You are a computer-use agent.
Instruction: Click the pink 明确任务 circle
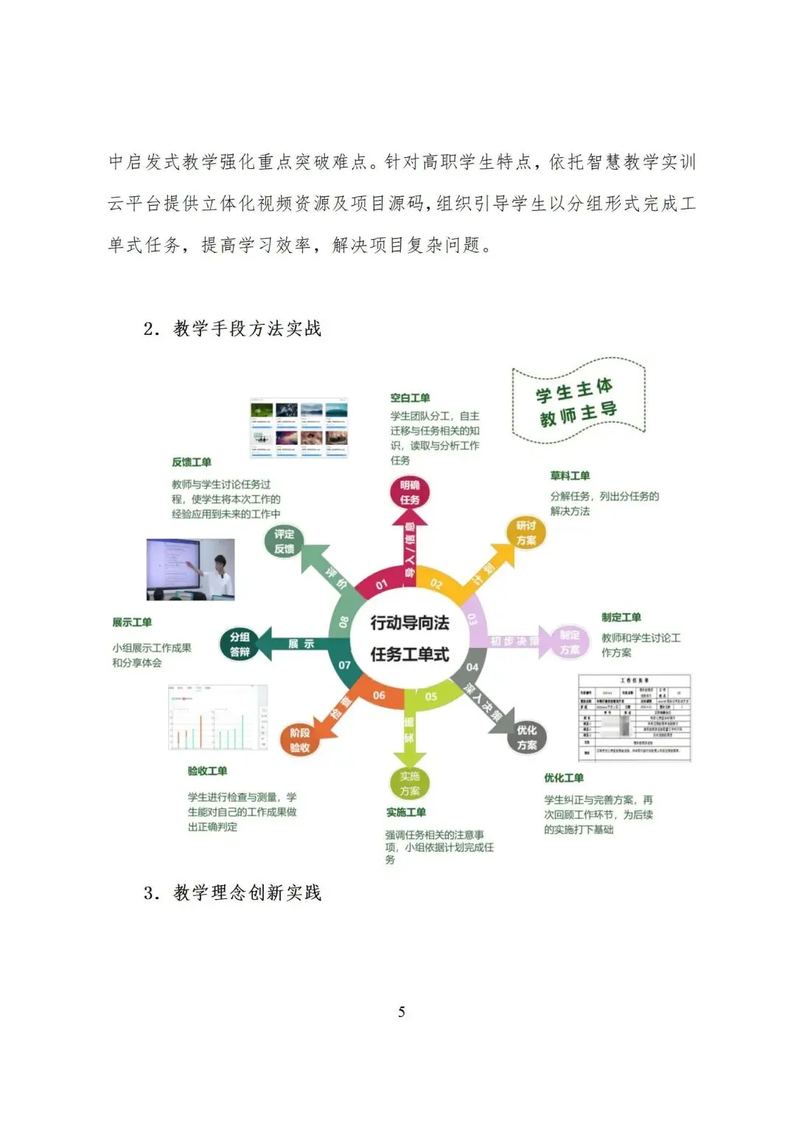point(410,492)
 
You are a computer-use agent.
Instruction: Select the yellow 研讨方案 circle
point(526,533)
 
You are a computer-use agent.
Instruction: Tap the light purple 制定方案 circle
point(569,642)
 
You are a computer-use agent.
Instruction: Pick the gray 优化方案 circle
point(526,737)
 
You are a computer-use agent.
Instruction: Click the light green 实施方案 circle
point(409,783)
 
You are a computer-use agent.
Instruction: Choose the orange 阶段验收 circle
point(299,740)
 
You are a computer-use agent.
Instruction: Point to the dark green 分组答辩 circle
point(240,644)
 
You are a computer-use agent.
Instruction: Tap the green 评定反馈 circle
point(284,541)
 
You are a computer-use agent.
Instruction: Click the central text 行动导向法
point(409,623)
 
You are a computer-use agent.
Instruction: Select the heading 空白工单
point(410,398)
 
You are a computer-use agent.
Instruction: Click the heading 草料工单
point(570,476)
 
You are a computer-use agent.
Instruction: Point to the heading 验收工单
point(207,771)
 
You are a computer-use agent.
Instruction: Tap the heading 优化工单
point(564,777)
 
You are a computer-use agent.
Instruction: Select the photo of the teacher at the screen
point(191,569)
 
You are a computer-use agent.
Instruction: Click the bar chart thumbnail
point(218,718)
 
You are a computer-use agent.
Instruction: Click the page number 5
point(402,1011)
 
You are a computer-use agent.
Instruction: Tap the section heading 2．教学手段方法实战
point(233,328)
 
